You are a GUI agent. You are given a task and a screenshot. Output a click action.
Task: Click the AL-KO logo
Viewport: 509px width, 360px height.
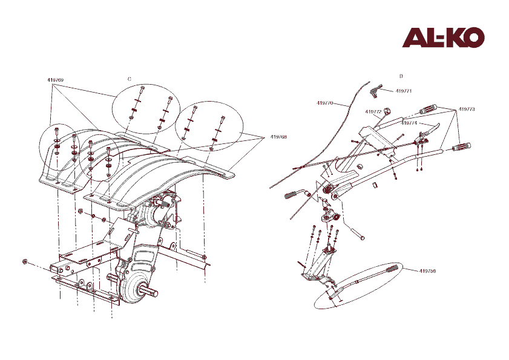click(443, 38)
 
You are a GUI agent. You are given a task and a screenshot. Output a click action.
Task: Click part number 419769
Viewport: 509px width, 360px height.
click(56, 80)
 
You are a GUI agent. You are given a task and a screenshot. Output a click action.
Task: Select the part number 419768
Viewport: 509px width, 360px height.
click(278, 137)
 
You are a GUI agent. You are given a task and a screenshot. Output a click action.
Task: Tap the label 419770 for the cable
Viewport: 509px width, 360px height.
click(325, 103)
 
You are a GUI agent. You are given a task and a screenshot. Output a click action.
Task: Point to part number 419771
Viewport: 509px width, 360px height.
click(404, 91)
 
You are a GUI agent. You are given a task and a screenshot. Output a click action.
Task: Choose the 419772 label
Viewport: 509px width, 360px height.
click(373, 112)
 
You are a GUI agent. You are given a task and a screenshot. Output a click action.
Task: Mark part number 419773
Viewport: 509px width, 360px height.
click(467, 109)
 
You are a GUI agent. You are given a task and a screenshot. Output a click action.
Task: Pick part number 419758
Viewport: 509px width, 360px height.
click(427, 270)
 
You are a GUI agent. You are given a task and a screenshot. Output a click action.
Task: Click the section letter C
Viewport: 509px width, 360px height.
click(129, 79)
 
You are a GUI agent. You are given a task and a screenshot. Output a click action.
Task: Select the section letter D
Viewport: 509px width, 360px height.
click(401, 76)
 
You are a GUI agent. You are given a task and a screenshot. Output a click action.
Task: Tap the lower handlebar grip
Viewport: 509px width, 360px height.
click(462, 147)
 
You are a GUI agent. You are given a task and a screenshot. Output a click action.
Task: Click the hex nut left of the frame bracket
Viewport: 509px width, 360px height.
click(24, 261)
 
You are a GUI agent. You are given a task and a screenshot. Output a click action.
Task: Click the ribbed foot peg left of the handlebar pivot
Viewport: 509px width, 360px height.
click(291, 195)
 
